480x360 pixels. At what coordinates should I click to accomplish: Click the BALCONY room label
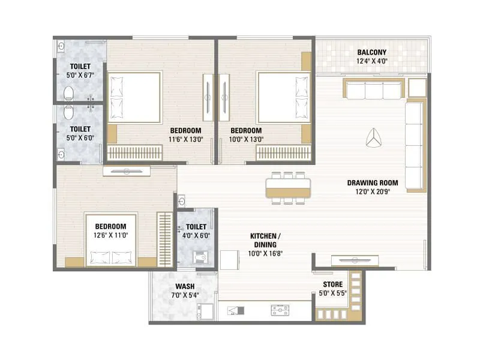click(371, 52)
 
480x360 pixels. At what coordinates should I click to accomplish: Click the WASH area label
click(184, 286)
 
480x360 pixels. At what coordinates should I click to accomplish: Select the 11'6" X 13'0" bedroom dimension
click(185, 139)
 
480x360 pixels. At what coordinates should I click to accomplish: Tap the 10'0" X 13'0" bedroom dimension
click(246, 139)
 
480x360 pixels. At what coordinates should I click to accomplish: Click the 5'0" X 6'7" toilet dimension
click(80, 76)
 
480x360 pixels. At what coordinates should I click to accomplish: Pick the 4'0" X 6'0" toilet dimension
click(196, 235)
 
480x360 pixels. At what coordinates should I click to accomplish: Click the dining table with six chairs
click(289, 188)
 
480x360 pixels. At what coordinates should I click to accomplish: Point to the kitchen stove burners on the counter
click(280, 310)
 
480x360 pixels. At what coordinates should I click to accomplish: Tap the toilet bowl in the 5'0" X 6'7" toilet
click(68, 93)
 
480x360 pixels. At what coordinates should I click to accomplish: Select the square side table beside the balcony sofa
click(416, 88)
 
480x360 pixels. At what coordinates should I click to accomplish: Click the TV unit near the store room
click(355, 259)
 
